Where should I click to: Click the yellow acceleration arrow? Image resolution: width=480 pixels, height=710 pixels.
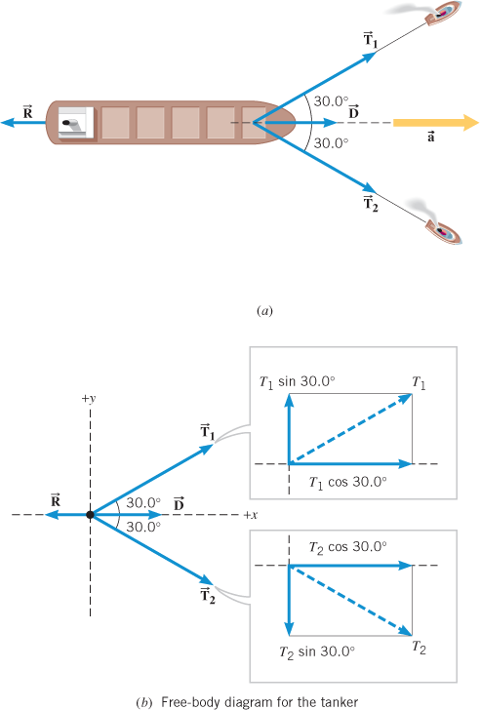(x=436, y=123)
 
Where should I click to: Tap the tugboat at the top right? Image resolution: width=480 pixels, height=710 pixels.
(x=442, y=13)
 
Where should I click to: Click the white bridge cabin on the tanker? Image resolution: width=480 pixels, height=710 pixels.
(x=76, y=123)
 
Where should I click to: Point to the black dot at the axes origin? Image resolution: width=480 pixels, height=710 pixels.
(x=90, y=515)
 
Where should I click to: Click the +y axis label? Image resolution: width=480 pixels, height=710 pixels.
(x=89, y=399)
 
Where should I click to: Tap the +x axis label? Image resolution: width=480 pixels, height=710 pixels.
(x=251, y=515)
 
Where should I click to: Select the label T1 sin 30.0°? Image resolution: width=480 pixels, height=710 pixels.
(x=297, y=381)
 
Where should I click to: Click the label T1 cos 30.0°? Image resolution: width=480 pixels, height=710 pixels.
(x=347, y=482)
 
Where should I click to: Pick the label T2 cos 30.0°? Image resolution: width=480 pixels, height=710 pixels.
(x=347, y=547)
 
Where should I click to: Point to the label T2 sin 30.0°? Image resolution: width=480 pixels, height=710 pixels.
(x=317, y=652)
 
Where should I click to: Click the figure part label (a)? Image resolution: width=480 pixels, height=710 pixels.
(x=264, y=311)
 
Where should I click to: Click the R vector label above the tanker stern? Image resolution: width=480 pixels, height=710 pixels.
(x=28, y=111)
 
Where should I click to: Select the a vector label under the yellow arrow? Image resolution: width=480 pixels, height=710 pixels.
(x=430, y=137)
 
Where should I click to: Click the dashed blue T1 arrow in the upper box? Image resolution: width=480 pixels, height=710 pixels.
(x=350, y=429)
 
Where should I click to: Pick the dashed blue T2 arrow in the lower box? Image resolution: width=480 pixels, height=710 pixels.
(x=350, y=601)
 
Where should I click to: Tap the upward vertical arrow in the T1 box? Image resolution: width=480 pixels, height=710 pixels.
(x=289, y=429)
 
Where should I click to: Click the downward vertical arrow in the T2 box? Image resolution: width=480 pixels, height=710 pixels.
(x=289, y=601)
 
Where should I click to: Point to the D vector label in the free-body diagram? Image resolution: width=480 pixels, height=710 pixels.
(x=179, y=504)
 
